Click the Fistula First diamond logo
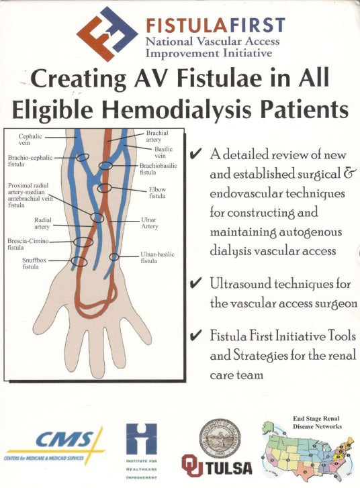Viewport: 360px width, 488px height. (x=107, y=33)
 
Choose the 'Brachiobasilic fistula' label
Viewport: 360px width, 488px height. (x=156, y=168)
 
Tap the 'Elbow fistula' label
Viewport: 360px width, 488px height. (x=157, y=193)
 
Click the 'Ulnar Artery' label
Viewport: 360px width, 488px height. (x=149, y=222)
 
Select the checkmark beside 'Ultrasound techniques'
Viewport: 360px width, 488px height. (x=197, y=284)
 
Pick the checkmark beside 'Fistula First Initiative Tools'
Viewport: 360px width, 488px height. (x=197, y=335)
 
